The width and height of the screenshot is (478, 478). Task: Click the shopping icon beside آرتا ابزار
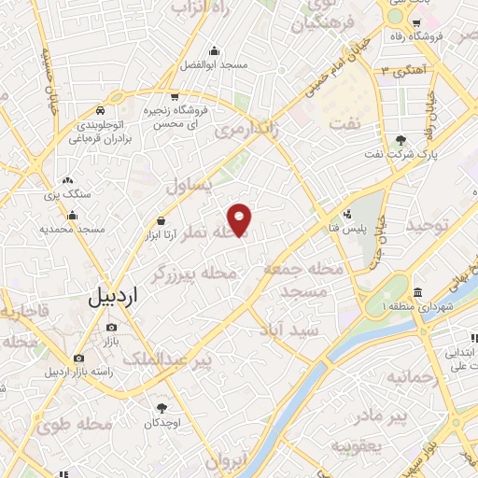pos(162,221)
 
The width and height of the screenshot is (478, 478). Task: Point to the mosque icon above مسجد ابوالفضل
pos(215,51)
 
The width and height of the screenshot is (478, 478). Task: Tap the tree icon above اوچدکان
pos(162,408)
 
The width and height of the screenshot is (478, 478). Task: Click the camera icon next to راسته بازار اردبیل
pos(78,358)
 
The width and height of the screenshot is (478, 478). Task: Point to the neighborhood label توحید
pos(433,225)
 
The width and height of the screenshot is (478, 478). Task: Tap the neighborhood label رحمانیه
pos(412,377)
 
